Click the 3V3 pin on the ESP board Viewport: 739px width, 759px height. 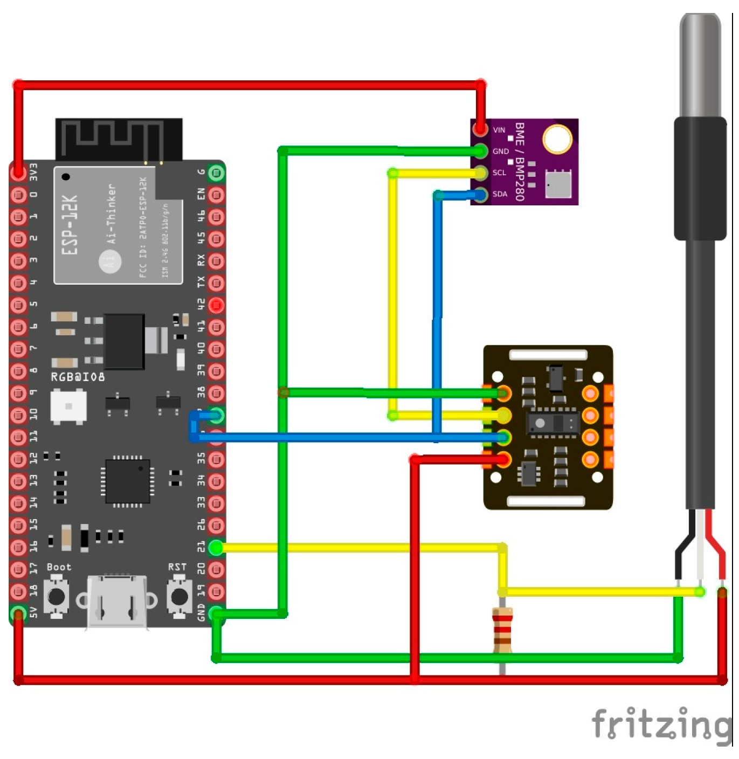[18, 172]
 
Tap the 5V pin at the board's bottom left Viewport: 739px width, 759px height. [18, 613]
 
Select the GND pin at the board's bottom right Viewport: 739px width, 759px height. [216, 613]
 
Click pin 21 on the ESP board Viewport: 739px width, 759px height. [216, 548]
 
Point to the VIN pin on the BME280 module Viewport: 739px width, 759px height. [480, 129]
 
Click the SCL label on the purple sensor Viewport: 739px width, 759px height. [499, 172]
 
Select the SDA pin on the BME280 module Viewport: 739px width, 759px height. [480, 194]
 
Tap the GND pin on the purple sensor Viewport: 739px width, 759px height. [480, 151]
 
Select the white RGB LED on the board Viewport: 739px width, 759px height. [68, 406]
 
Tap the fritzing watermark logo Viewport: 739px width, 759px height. [662, 723]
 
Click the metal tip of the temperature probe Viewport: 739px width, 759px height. [700, 65]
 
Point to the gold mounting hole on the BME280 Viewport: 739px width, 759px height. [557, 139]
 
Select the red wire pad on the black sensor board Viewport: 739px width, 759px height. [503, 459]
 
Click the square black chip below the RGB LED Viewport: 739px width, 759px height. [127, 481]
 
